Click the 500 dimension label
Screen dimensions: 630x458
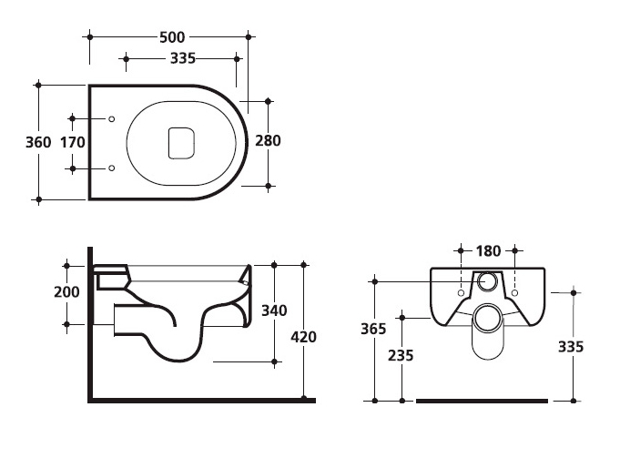pyautogui.click(x=172, y=37)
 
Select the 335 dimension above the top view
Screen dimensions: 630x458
pyautogui.click(x=183, y=58)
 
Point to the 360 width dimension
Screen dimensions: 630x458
pyautogui.click(x=38, y=142)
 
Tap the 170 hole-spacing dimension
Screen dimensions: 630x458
pyautogui.click(x=73, y=142)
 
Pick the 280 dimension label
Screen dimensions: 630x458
pyautogui.click(x=268, y=140)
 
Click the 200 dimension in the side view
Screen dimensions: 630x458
pyautogui.click(x=66, y=292)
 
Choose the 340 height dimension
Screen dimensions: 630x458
pyautogui.click(x=274, y=310)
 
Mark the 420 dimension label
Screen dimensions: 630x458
pyautogui.click(x=304, y=337)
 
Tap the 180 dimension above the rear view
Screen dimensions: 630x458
pyautogui.click(x=488, y=251)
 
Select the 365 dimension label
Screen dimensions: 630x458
pyautogui.click(x=373, y=329)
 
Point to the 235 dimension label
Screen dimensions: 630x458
pyautogui.click(x=401, y=355)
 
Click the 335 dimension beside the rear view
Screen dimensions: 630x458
pyautogui.click(x=571, y=347)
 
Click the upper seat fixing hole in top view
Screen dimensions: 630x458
pyautogui.click(x=112, y=119)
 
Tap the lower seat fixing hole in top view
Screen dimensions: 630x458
pyautogui.click(x=112, y=168)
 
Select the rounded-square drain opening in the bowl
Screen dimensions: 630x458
pyautogui.click(x=181, y=143)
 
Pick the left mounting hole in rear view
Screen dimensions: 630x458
pyautogui.click(x=461, y=293)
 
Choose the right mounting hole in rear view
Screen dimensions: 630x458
pyautogui.click(x=515, y=293)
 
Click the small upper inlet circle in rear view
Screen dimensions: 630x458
pyautogui.click(x=488, y=280)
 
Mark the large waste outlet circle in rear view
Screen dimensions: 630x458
pyautogui.click(x=488, y=318)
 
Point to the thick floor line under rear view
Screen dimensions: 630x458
pyautogui.click(x=482, y=401)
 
